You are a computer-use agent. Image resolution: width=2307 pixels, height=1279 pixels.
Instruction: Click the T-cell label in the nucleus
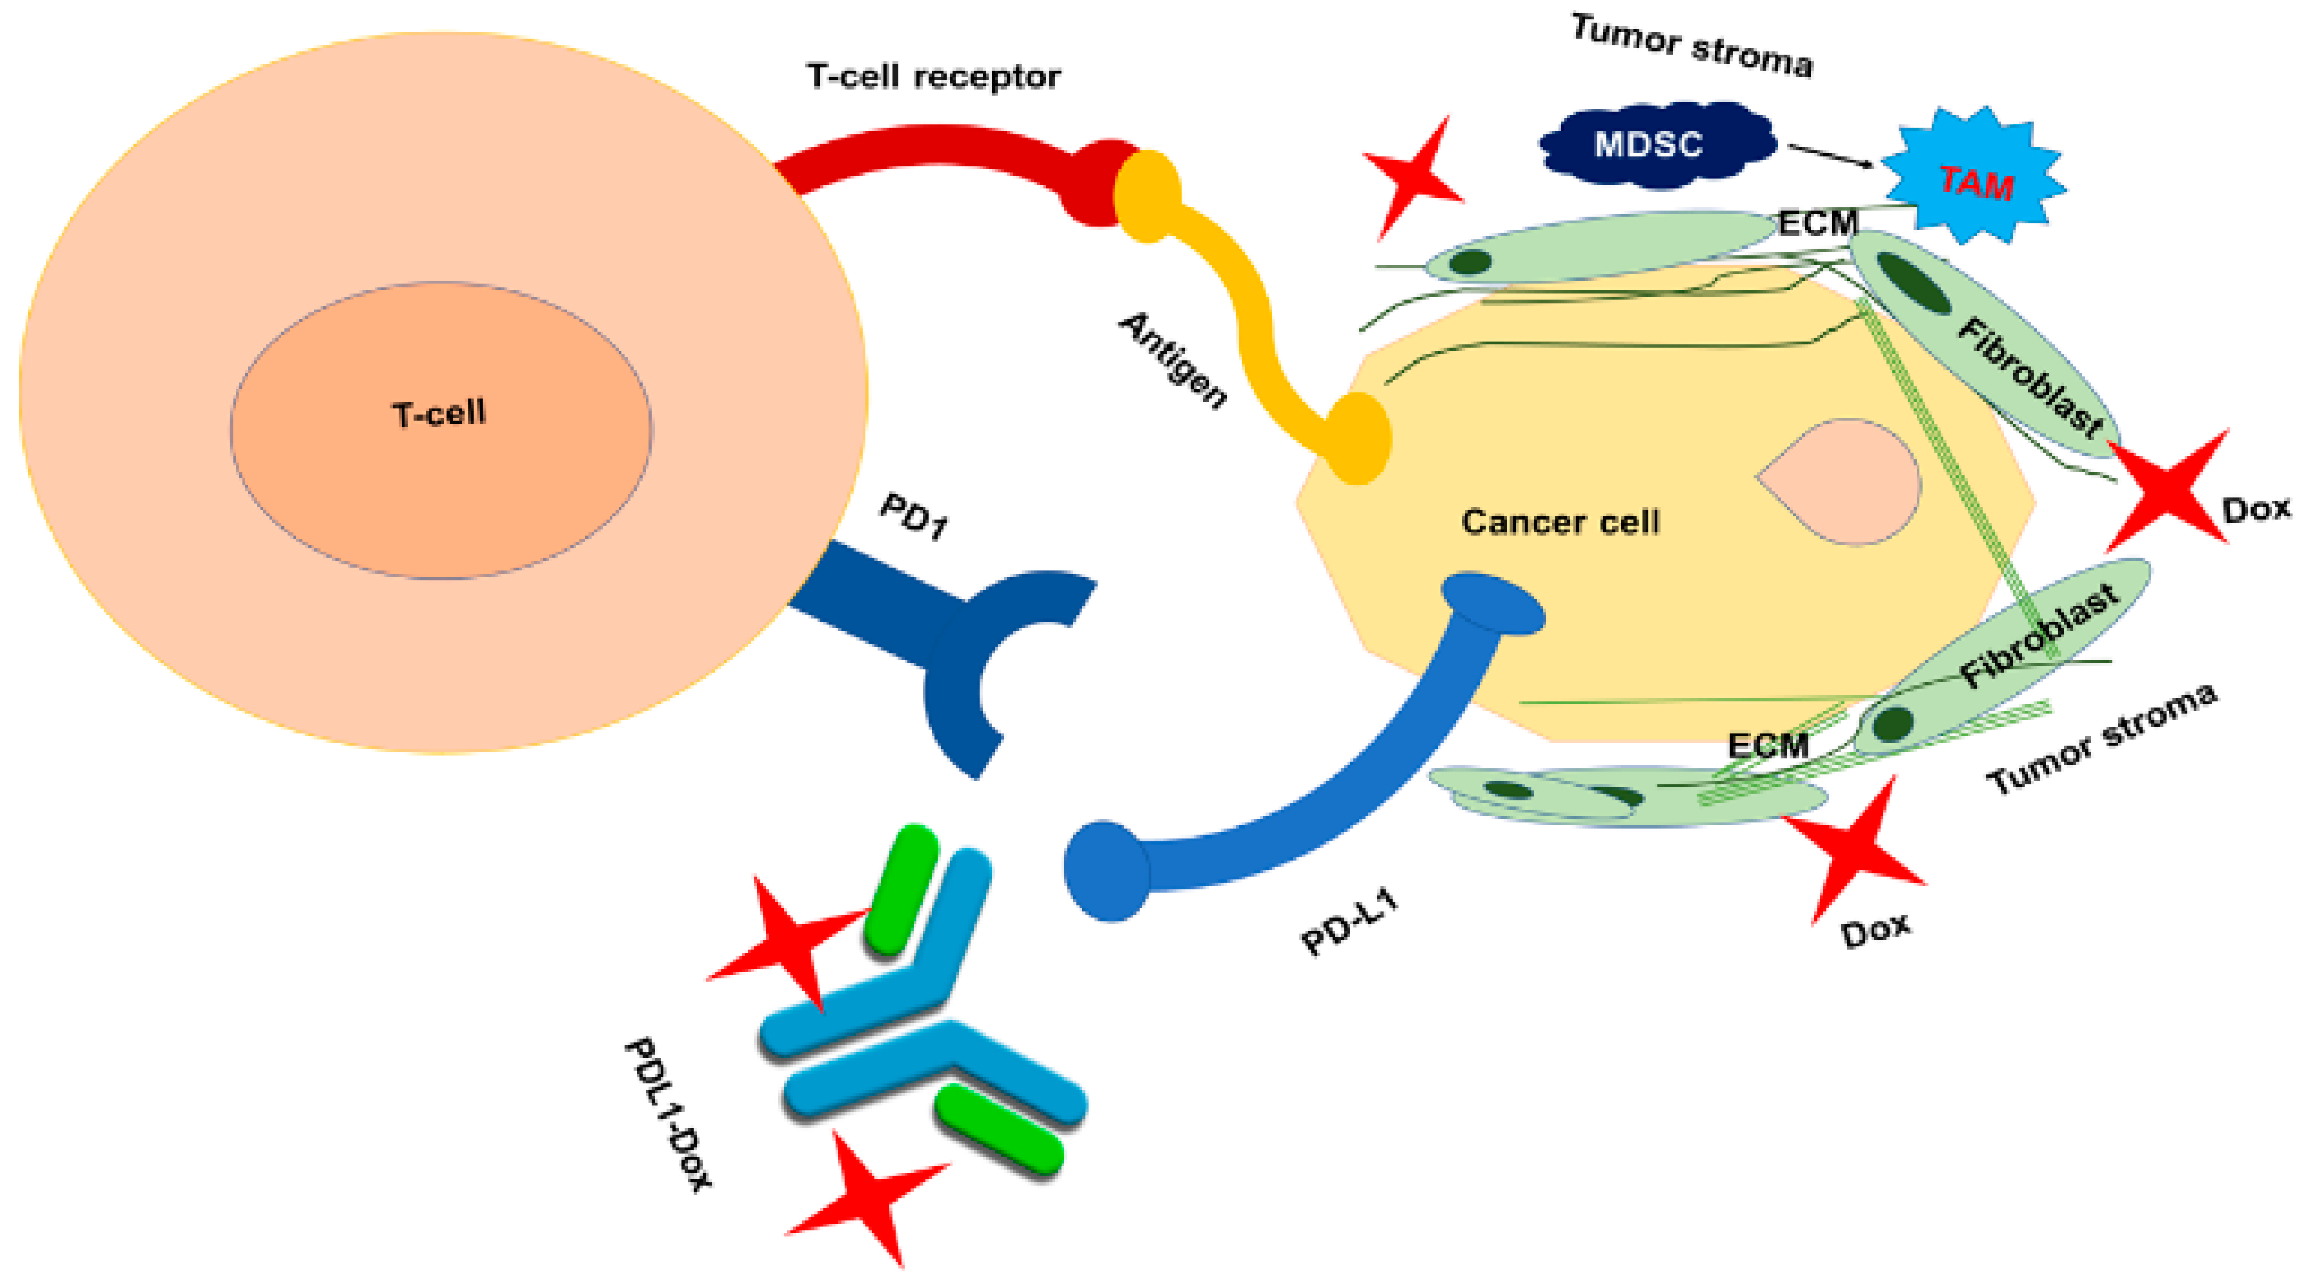[x=438, y=414]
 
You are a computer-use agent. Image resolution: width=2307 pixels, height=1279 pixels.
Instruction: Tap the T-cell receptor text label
[x=933, y=77]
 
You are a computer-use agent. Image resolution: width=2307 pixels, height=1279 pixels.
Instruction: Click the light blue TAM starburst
[x=1974, y=179]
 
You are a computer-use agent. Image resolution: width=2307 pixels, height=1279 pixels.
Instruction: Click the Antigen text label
[x=1174, y=360]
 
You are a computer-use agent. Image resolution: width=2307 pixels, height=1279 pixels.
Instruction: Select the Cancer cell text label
[x=1560, y=521]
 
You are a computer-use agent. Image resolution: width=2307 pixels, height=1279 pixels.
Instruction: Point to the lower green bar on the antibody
[x=999, y=1128]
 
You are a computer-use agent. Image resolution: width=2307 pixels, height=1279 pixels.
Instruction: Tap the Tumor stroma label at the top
[x=1692, y=46]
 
